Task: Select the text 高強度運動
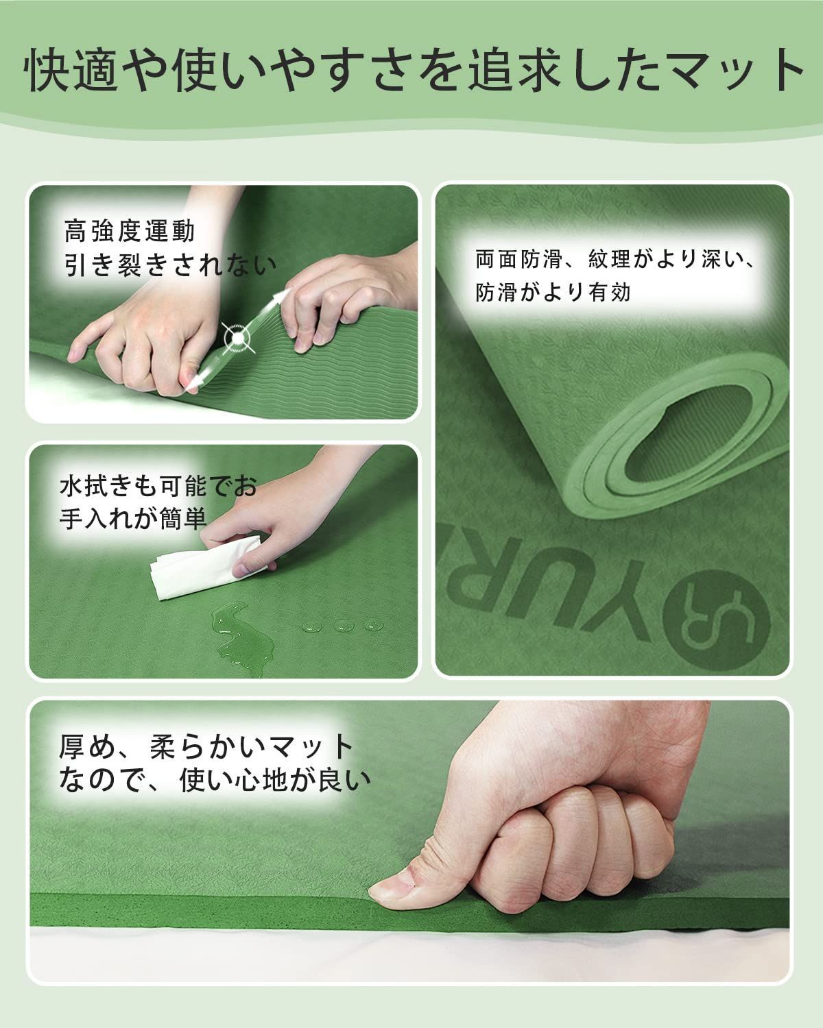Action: (x=130, y=231)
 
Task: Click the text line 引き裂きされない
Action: (x=170, y=265)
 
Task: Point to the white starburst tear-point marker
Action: (x=238, y=338)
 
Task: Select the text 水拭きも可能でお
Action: (x=158, y=487)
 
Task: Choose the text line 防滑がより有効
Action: (x=553, y=292)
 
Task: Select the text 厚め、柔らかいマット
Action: (x=206, y=746)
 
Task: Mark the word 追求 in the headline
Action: (x=516, y=69)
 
